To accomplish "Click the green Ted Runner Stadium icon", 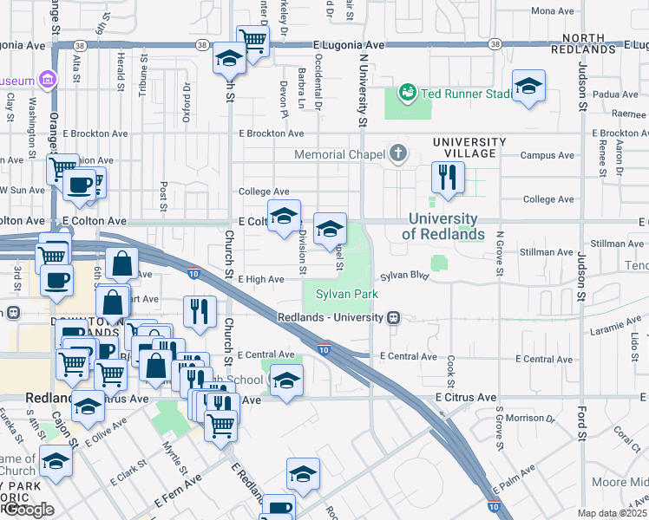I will pyautogui.click(x=406, y=92).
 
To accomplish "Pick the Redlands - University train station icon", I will pyautogui.click(x=393, y=318).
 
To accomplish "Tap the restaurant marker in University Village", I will pyautogui.click(x=449, y=178).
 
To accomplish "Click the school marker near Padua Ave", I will pyautogui.click(x=528, y=87).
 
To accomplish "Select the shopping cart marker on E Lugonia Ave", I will pyautogui.click(x=252, y=41).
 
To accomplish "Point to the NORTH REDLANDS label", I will pyautogui.click(x=600, y=38).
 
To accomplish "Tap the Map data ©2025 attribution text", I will pyautogui.click(x=613, y=513).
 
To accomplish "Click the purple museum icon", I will pyautogui.click(x=47, y=81).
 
